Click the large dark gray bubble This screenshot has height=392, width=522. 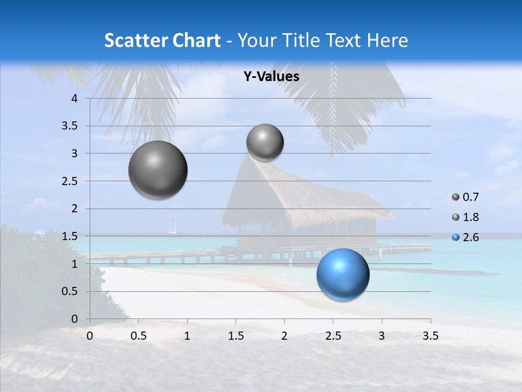click(x=158, y=170)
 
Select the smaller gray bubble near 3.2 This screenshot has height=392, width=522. click(x=265, y=143)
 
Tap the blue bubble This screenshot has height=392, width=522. click(x=343, y=274)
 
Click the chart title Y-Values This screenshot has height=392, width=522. click(x=271, y=77)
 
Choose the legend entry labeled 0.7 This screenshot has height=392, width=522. click(x=470, y=197)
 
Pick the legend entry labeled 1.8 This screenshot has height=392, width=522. click(x=470, y=217)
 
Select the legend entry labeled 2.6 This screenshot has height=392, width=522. click(x=470, y=237)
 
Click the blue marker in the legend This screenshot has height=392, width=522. click(x=456, y=237)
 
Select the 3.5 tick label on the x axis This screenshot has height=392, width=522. click(x=430, y=336)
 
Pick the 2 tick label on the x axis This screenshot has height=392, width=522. click(x=284, y=336)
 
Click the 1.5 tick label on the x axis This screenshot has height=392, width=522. click(x=235, y=336)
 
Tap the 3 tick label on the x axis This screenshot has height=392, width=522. click(x=382, y=336)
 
